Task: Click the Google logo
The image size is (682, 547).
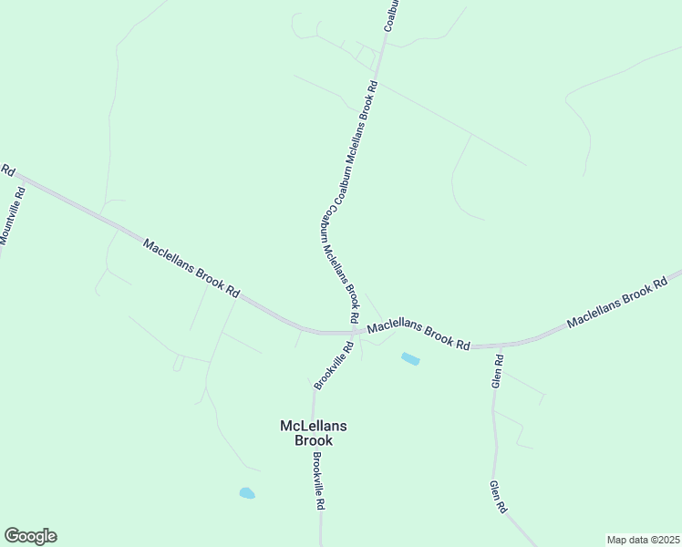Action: [30, 536]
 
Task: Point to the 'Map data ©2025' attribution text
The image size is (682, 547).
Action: [643, 539]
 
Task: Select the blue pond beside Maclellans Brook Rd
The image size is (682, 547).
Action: [410, 359]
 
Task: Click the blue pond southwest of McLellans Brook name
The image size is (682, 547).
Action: [247, 493]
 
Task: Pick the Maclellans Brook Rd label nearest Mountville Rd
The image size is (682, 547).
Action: [191, 269]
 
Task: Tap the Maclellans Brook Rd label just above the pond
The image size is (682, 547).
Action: [418, 335]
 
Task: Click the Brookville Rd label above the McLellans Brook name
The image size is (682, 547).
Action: [333, 366]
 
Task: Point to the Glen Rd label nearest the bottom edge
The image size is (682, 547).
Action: [497, 498]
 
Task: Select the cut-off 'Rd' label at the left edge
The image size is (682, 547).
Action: [8, 170]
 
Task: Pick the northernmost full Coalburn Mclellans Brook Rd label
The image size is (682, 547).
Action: [356, 144]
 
